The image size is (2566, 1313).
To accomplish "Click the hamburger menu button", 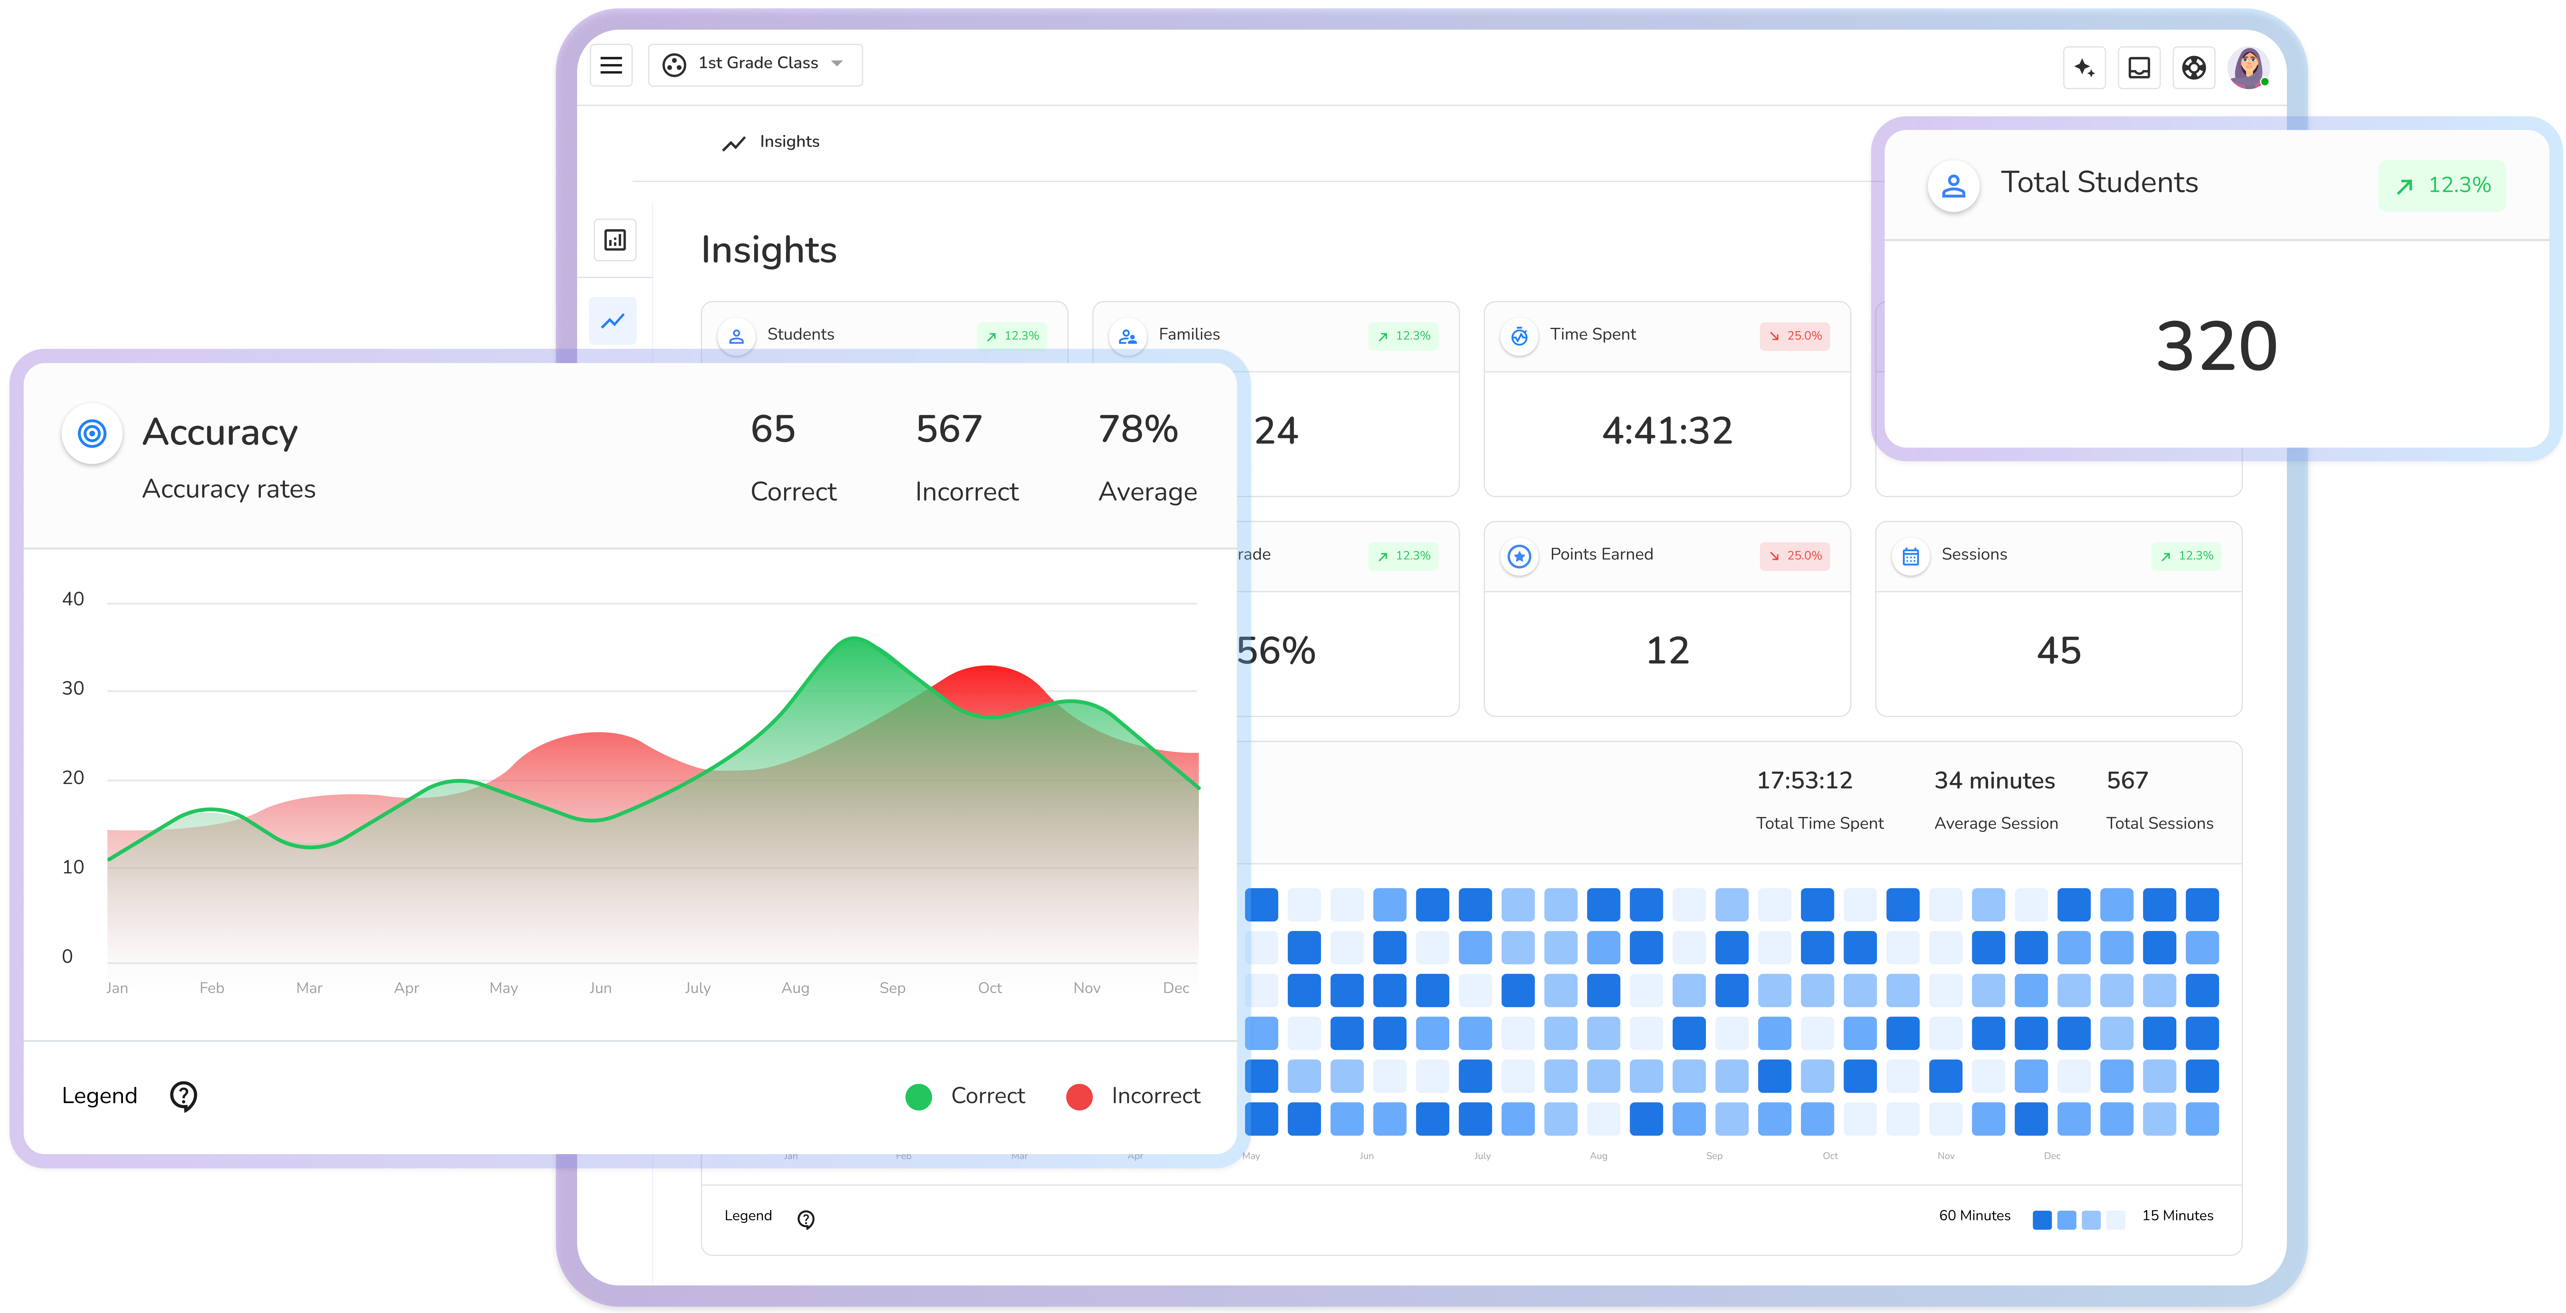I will click(611, 65).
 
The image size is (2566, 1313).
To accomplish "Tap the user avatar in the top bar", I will click(2247, 68).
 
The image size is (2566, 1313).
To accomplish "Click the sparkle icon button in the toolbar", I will click(2084, 68).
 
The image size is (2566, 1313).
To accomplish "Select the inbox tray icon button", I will click(2139, 68).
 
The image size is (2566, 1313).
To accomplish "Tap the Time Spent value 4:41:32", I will click(1667, 430).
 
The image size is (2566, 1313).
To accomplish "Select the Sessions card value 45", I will click(2058, 650).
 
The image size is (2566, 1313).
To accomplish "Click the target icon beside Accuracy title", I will click(92, 433).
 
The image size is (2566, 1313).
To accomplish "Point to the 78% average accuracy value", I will click(1137, 429).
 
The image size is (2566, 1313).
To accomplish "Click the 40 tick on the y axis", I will click(73, 599).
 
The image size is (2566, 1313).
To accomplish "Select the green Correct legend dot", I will click(918, 1097).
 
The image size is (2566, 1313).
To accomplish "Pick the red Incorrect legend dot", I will click(1079, 1097).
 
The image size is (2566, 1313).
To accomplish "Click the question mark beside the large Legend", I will click(183, 1096).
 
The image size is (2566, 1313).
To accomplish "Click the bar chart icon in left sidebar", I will click(615, 240).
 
